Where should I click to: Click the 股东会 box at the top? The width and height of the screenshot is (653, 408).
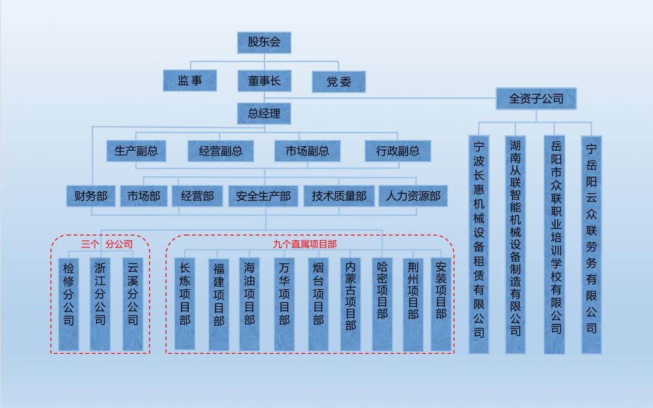click(264, 43)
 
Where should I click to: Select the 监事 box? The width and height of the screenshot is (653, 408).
click(189, 81)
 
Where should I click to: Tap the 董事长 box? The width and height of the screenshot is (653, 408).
click(264, 81)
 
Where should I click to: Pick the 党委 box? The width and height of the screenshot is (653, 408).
click(339, 82)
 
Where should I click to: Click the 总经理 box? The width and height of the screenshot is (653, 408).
click(264, 114)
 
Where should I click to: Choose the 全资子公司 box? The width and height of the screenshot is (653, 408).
click(536, 99)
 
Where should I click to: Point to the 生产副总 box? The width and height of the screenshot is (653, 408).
click(136, 151)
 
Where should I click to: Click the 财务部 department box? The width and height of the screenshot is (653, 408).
click(91, 196)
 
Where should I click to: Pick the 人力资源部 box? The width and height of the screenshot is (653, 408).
click(413, 196)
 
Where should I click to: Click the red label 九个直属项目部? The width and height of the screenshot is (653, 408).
click(305, 244)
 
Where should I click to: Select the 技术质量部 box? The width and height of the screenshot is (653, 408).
click(339, 196)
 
